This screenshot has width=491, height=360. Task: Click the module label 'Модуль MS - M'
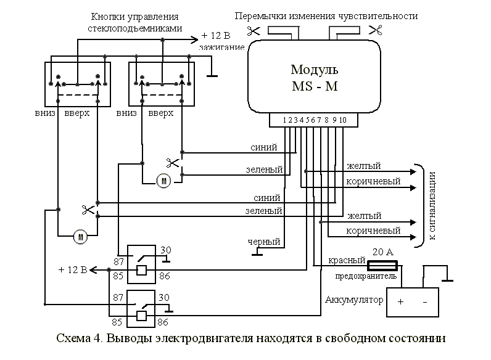click(314, 76)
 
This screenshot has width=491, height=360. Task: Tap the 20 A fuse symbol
click(383, 264)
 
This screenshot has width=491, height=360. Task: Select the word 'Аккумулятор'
click(353, 300)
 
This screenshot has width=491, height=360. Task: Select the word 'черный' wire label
click(263, 242)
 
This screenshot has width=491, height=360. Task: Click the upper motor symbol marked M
click(163, 181)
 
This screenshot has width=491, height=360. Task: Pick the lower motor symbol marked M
click(79, 235)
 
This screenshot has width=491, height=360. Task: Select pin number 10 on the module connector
click(343, 120)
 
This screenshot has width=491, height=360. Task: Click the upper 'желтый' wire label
click(363, 166)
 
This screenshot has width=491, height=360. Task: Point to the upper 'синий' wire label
click(263, 147)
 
